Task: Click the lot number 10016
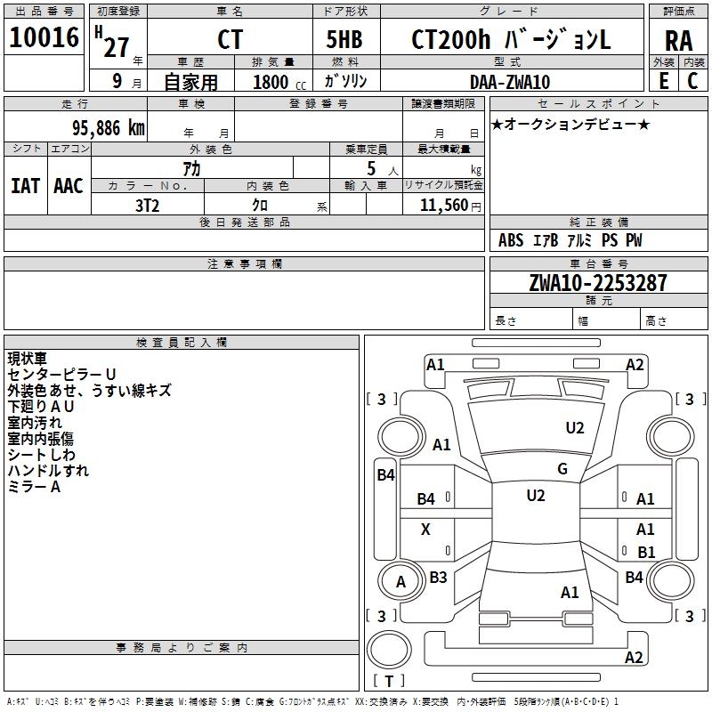(x=44, y=37)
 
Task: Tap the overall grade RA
(x=678, y=41)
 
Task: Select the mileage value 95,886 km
(x=109, y=128)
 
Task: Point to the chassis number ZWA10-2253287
(x=598, y=283)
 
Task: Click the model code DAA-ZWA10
(x=510, y=82)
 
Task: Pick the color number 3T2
(x=148, y=206)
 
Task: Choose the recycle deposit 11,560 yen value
(x=450, y=206)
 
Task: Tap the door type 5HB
(x=344, y=39)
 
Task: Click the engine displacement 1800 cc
(x=279, y=82)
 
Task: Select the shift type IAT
(x=26, y=186)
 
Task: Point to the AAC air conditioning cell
(x=69, y=186)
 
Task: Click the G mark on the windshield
(x=562, y=469)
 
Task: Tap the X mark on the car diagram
(x=425, y=529)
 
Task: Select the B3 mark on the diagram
(x=438, y=577)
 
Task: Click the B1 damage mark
(x=646, y=552)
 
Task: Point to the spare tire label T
(x=389, y=681)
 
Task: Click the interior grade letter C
(x=692, y=81)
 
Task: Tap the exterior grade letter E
(x=664, y=81)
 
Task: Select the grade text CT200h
(x=450, y=39)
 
